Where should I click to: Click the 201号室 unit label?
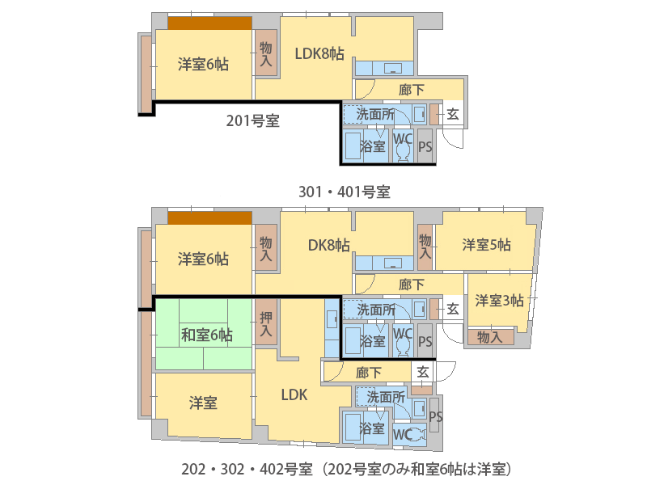tap(253, 120)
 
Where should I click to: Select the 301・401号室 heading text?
tap(345, 192)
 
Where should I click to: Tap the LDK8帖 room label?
tap(319, 53)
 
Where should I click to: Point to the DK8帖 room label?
tap(329, 246)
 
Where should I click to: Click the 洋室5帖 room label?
tap(487, 245)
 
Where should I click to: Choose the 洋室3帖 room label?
tap(499, 300)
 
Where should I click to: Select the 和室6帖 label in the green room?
tap(207, 335)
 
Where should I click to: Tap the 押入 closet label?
tap(266, 324)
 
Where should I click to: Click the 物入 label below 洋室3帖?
tap(490, 337)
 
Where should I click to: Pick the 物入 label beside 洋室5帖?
tap(425, 247)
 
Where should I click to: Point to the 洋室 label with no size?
tap(203, 403)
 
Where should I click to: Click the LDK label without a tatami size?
tap(294, 395)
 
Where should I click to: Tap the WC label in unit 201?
tap(403, 138)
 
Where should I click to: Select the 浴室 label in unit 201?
tap(372, 146)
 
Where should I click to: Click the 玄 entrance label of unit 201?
tap(453, 114)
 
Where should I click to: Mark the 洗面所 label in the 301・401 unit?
tap(375, 310)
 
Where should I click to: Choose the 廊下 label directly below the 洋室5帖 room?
tap(412, 285)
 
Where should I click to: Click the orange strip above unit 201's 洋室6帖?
tap(209, 23)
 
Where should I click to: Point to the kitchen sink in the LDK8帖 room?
tap(393, 68)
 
